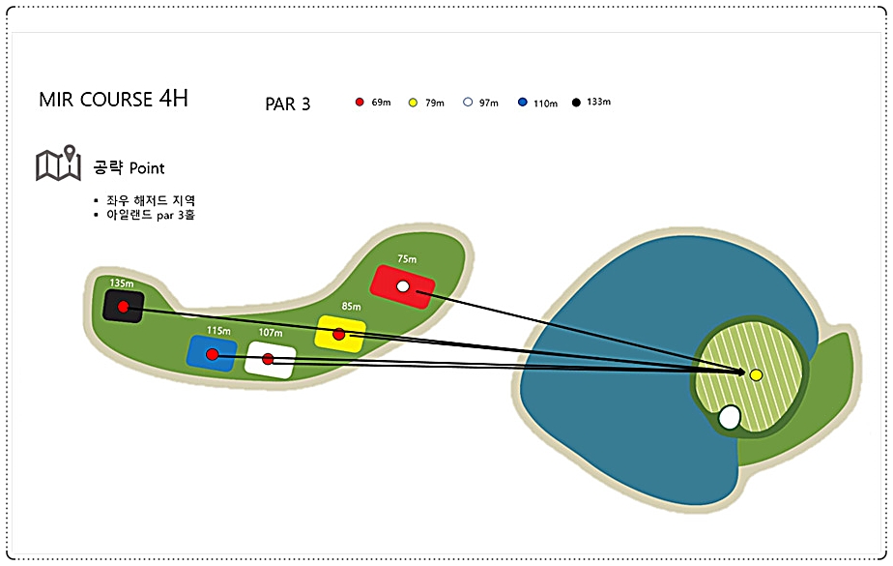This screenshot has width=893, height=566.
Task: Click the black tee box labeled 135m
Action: point(124,306)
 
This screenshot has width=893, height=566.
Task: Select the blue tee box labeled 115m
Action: point(212,353)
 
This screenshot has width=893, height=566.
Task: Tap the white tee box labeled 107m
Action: point(270,360)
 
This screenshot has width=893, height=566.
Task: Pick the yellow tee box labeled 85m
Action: point(340,334)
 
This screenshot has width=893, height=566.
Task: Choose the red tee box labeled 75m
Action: point(403,286)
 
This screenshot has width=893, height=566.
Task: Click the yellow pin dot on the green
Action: point(756,375)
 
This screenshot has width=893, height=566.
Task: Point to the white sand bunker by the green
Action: point(730,417)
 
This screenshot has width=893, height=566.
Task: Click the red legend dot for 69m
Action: point(360,102)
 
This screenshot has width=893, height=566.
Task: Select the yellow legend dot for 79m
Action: point(413,103)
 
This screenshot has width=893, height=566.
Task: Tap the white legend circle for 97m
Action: point(468,102)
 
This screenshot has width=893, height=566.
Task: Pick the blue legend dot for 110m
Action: point(523,102)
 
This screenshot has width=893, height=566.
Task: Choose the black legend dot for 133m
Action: point(576,102)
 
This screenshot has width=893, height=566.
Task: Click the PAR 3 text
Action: point(288,104)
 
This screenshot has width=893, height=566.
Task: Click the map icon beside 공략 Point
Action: point(58,163)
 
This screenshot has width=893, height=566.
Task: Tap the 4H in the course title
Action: point(173,98)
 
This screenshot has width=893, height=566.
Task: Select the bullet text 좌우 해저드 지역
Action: point(151,200)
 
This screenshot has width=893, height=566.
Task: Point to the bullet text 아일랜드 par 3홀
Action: point(151,215)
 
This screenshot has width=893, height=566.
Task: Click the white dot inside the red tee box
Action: point(403,286)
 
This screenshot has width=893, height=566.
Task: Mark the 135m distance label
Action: point(122,283)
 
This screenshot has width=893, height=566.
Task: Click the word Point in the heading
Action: point(147,168)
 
